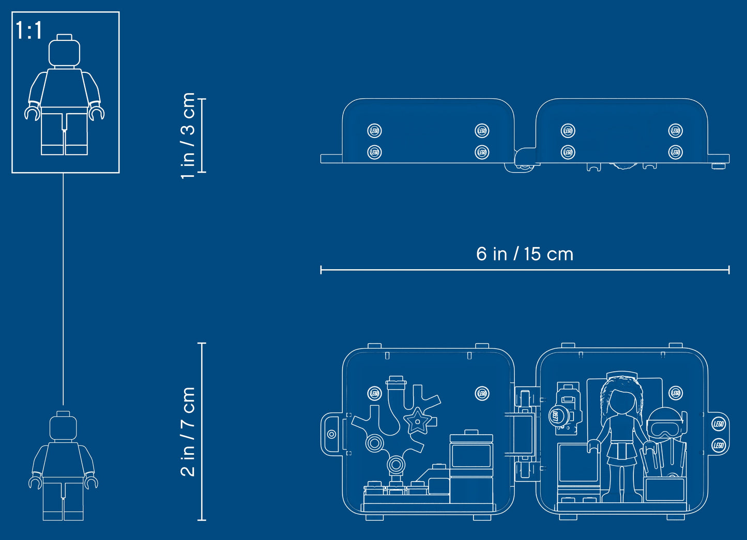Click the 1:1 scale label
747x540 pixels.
pos(29,30)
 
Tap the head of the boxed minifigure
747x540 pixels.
pos(65,52)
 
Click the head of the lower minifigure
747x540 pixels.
pos(63,427)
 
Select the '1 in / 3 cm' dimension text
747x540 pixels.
pos(188,135)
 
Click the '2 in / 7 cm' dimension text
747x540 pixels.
pos(188,431)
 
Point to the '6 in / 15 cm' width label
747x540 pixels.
pos(525,254)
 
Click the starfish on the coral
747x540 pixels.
pos(416,421)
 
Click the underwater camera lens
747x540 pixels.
pos(557,415)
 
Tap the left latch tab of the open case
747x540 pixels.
pos(331,434)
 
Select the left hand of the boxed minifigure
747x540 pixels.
pos(32,113)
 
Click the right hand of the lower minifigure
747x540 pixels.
pos(92,482)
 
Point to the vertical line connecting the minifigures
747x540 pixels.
pos(64,289)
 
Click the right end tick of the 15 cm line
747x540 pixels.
pos(729,270)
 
